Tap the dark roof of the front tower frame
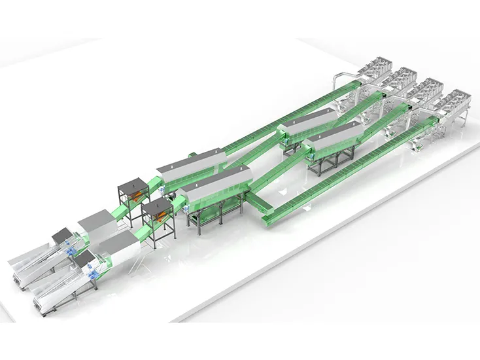tap(157, 204)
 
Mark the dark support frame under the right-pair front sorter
tap(327, 164)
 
